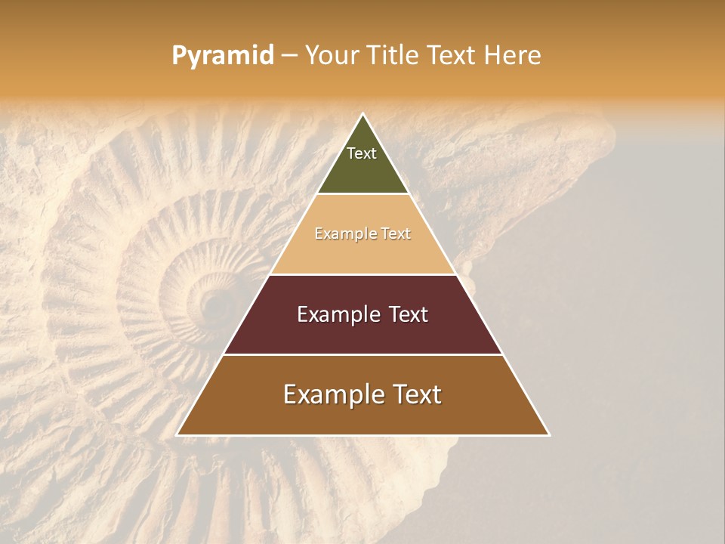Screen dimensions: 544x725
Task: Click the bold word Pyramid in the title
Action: pos(223,56)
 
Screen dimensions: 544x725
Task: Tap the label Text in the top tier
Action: pos(362,153)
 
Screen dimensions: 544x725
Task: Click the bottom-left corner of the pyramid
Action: pos(177,434)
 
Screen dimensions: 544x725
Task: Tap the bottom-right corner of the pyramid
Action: pos(549,434)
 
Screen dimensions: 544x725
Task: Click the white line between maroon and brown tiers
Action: pos(362,354)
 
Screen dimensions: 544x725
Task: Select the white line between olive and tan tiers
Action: pos(362,194)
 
